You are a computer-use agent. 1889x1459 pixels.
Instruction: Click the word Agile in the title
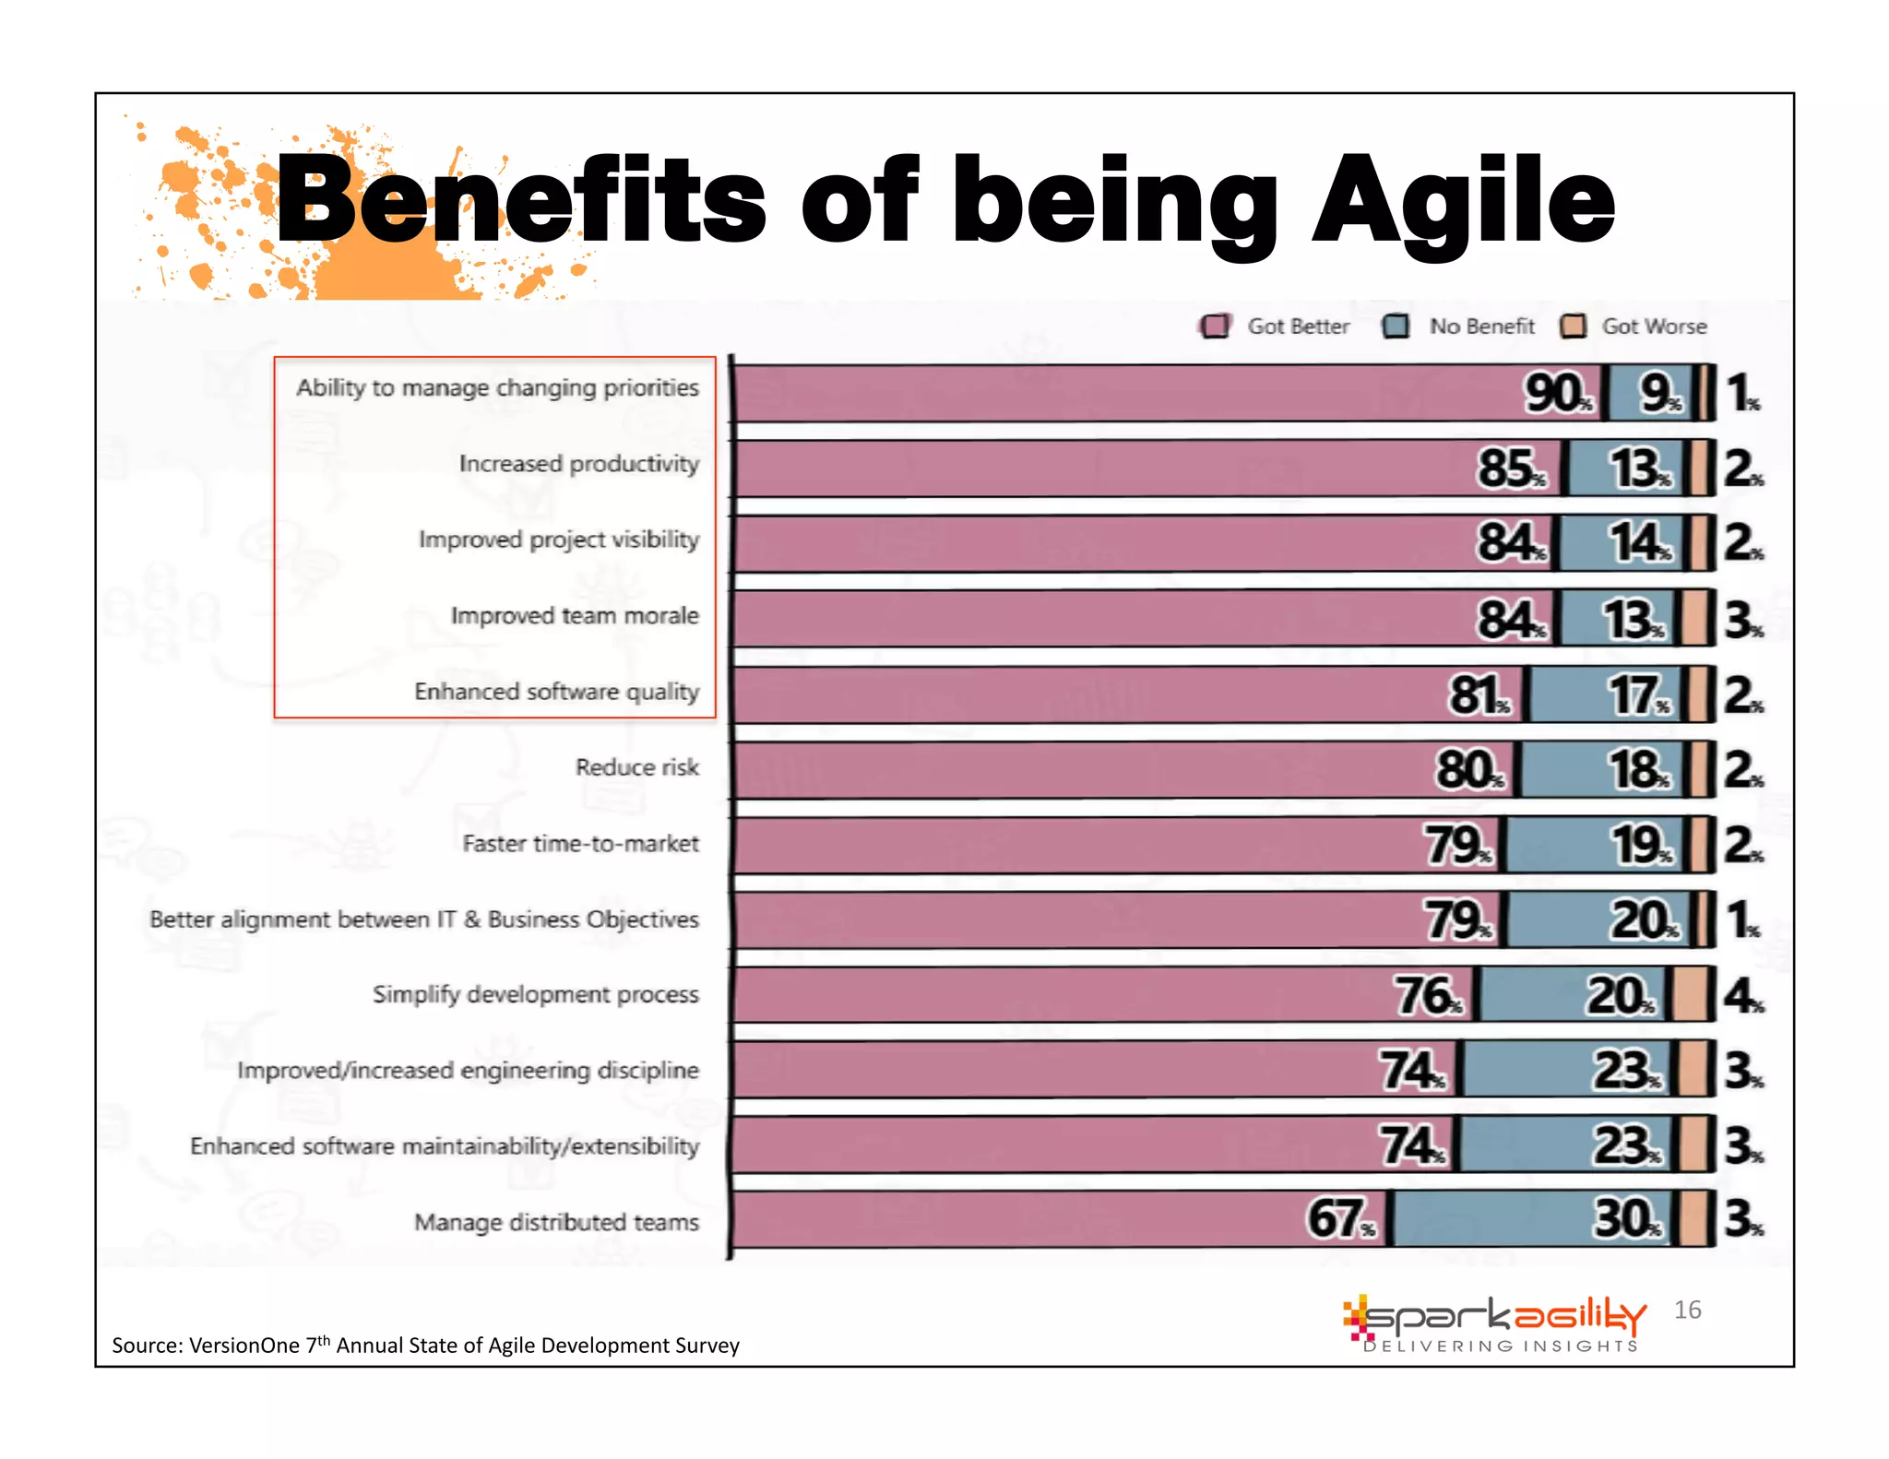click(x=1463, y=201)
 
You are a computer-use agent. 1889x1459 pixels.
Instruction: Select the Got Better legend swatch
click(x=1215, y=326)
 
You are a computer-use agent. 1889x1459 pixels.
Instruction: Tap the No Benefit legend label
click(x=1481, y=326)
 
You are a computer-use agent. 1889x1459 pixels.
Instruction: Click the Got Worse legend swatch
click(x=1573, y=326)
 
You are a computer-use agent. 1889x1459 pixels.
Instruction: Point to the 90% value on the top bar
click(x=1557, y=394)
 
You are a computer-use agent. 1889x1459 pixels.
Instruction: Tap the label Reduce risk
click(x=636, y=767)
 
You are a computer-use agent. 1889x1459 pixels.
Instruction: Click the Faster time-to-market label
click(x=580, y=843)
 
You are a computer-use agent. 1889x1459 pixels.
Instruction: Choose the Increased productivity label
click(x=578, y=463)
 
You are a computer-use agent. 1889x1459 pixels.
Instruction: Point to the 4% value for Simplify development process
click(x=1742, y=996)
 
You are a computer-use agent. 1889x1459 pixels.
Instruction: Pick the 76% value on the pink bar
click(x=1427, y=996)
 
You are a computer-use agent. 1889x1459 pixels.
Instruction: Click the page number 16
click(x=1687, y=1310)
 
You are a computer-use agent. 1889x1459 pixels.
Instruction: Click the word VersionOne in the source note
click(x=244, y=1346)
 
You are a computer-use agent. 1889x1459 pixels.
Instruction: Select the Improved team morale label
click(x=574, y=615)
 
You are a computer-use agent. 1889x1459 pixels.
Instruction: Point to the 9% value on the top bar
click(x=1658, y=394)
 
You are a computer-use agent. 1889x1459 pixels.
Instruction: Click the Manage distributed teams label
click(x=556, y=1222)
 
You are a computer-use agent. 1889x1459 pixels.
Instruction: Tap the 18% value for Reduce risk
click(x=1638, y=769)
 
